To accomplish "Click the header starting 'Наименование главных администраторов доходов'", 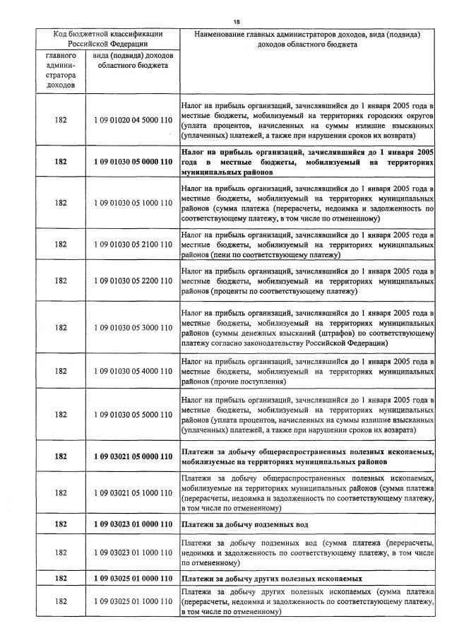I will click(307, 38).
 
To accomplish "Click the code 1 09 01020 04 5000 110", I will click(132, 120).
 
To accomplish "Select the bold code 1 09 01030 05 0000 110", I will click(132, 161).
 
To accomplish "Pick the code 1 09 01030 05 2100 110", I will click(132, 244).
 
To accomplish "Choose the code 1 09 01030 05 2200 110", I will click(132, 280).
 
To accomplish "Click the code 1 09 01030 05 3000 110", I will click(132, 327).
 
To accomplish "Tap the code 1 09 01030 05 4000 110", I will click(132, 371).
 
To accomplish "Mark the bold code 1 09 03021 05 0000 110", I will click(132, 456).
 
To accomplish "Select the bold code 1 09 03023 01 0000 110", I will click(132, 524).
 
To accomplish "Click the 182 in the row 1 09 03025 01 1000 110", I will click(61, 601).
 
